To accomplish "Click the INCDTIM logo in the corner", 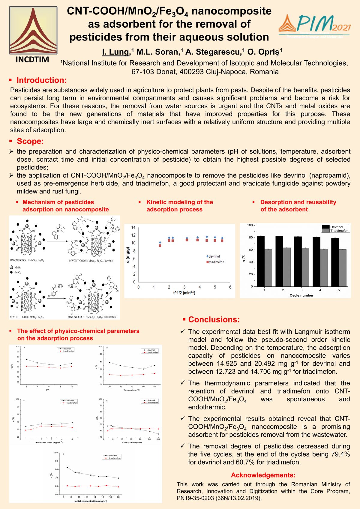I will coord(33,34).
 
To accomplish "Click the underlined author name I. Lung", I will coord(116,52).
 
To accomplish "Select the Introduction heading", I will coord(41,80).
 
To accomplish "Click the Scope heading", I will coord(30,141).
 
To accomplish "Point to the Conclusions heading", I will coord(214,319).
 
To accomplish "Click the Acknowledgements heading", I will coord(263,475).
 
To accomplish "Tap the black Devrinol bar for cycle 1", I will coord(261,261).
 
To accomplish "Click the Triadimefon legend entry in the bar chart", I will coord(339,231).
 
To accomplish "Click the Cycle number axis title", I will coord(301,295).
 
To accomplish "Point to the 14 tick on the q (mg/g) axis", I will coord(133,227).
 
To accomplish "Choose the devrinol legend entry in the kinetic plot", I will coord(214,256).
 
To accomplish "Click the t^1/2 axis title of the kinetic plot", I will coord(184,292).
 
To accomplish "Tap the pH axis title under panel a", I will coord(47,390).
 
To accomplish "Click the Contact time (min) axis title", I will coord(132,442).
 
